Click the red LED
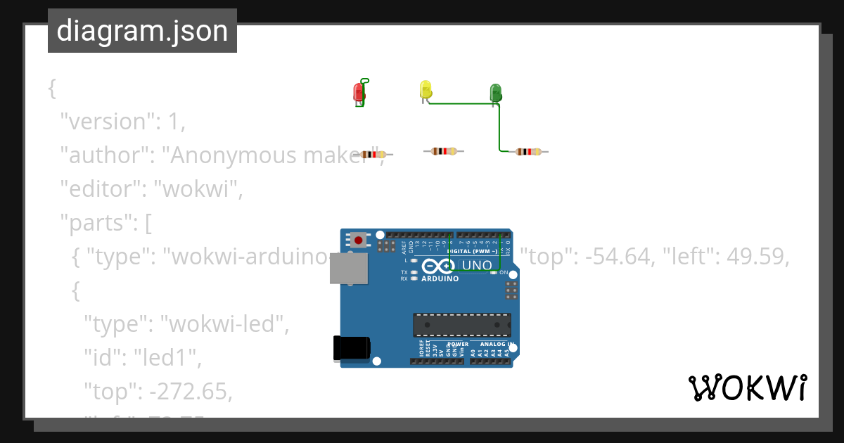point(358,92)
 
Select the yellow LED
point(426,89)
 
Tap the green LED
point(495,92)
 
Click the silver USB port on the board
point(349,269)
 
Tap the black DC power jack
point(351,348)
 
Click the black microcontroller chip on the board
point(461,325)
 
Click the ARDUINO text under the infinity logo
point(440,278)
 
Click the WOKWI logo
point(747,387)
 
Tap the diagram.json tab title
point(142,31)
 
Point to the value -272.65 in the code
point(191,392)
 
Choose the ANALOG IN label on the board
point(497,345)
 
